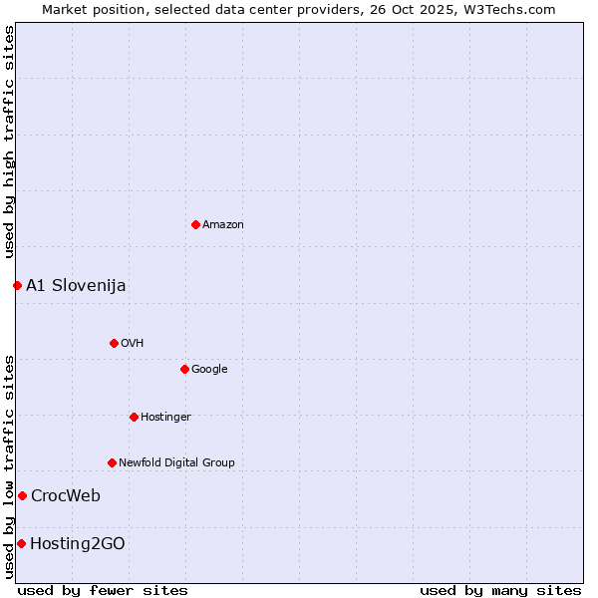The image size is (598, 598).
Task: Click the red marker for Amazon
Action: (195, 224)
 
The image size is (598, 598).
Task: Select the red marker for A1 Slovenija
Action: (17, 285)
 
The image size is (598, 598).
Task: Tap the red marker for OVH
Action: (114, 343)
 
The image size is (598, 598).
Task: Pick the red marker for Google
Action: (184, 369)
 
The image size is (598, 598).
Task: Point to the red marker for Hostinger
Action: (134, 417)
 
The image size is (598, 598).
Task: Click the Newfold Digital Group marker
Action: (112, 462)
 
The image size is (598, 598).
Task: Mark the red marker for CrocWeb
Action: (22, 495)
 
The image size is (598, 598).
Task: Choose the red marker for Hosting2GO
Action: (21, 543)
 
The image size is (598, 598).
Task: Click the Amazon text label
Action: (223, 225)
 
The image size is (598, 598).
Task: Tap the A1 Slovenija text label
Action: (76, 286)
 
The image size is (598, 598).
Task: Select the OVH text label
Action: (133, 344)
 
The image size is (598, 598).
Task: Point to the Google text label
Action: (209, 370)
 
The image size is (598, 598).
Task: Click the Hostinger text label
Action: (165, 418)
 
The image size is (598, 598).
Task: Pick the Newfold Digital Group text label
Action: (176, 463)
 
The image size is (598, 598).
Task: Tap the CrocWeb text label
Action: (66, 496)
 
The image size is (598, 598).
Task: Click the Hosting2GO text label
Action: (78, 544)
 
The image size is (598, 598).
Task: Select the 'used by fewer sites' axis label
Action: (103, 590)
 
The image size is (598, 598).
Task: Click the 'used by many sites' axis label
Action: (500, 590)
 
